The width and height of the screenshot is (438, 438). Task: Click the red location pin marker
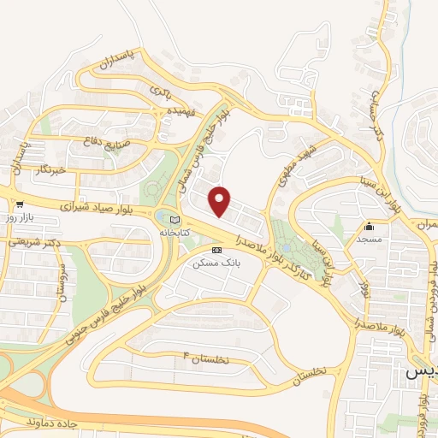221,200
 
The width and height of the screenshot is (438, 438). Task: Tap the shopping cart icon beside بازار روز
19,204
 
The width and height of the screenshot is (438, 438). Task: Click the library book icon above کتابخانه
165,219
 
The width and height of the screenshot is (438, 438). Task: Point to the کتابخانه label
166,232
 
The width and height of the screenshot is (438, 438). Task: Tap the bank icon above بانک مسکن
216,251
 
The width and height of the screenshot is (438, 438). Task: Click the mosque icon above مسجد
370,226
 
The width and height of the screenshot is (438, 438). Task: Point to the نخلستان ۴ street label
204,358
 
